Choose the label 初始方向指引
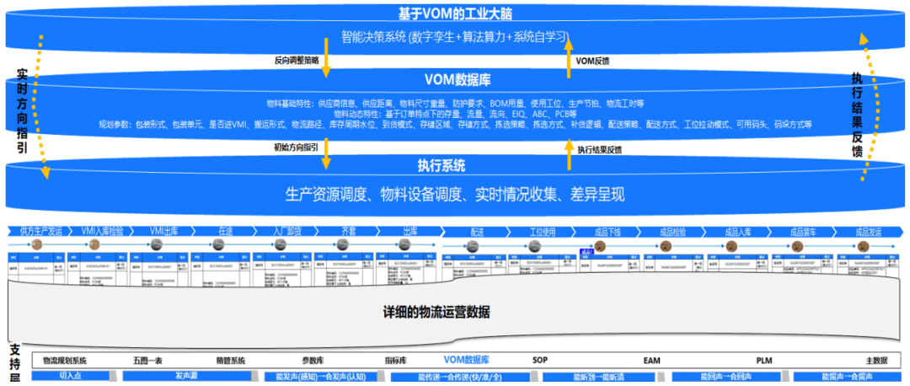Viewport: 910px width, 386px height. [296, 147]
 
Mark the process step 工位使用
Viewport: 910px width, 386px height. [543, 231]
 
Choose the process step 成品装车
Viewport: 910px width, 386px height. [800, 231]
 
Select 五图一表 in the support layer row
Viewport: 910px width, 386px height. [153, 361]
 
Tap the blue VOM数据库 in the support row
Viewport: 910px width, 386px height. [461, 361]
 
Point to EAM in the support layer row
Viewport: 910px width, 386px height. [651, 361]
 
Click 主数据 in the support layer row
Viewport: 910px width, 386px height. [877, 361]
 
